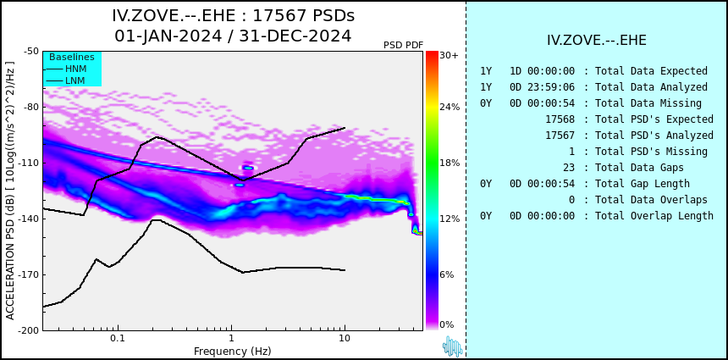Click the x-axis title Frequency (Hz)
pos(233,351)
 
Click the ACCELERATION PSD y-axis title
pos(10,191)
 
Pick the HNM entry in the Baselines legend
pos(75,69)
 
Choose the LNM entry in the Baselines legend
pos(75,80)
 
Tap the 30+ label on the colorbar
pos(449,56)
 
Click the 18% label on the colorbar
pos(449,163)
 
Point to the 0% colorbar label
pos(447,324)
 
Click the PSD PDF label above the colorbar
pos(403,45)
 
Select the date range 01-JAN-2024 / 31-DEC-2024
pos(233,36)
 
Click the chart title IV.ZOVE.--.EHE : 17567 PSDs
pos(233,16)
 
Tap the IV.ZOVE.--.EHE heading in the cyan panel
pos(597,41)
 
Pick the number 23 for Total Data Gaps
pos(569,168)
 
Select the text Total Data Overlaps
pos(651,200)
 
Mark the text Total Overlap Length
pos(654,216)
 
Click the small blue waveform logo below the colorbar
pos(452,346)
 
